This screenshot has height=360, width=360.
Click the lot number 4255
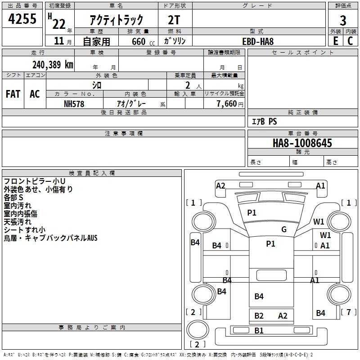[22, 18]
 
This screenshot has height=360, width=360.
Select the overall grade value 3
[343, 21]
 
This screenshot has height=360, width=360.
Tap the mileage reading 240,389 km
[53, 65]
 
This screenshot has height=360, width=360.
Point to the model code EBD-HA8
[258, 41]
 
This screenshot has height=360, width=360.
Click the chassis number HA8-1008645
[302, 143]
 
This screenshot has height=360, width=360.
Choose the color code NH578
[74, 104]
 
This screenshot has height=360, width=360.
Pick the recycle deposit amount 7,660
[226, 103]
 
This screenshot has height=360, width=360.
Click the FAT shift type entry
[13, 94]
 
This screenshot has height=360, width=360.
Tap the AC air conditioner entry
[35, 94]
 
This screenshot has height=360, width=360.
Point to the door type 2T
[174, 20]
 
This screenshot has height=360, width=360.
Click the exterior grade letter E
[336, 41]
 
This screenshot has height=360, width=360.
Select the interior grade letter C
[350, 41]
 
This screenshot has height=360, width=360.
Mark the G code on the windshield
[284, 229]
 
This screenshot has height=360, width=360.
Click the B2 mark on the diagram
[259, 316]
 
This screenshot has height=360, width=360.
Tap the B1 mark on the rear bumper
[259, 330]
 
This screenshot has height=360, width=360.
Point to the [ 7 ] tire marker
[349, 312]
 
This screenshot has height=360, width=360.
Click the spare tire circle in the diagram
[198, 329]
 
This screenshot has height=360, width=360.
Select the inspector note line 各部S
[13, 198]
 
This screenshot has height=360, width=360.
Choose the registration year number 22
[59, 24]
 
